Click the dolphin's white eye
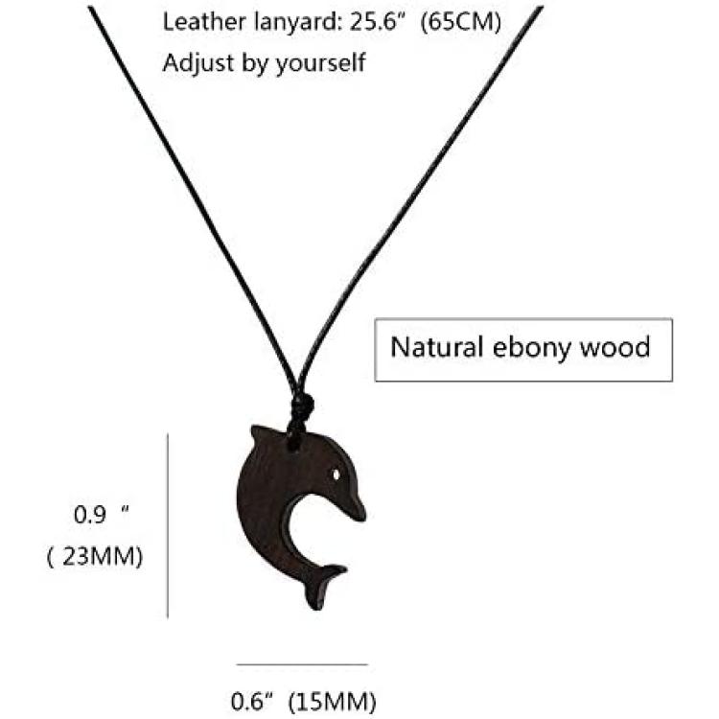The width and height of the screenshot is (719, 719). point(337,474)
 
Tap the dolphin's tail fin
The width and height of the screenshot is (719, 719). point(323,587)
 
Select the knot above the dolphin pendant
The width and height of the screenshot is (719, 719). point(300,405)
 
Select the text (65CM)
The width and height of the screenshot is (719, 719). point(461,23)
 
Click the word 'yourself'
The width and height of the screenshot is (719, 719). point(321,63)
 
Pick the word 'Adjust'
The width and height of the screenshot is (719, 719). point(199,63)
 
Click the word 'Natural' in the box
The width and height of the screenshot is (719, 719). point(437,347)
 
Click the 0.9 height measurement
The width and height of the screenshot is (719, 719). point(102,514)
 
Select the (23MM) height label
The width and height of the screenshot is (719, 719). point(95,557)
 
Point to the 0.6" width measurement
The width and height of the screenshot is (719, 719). point(252,702)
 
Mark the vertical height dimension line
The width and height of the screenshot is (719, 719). point(168,525)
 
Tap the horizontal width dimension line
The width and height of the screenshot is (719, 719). point(302,664)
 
